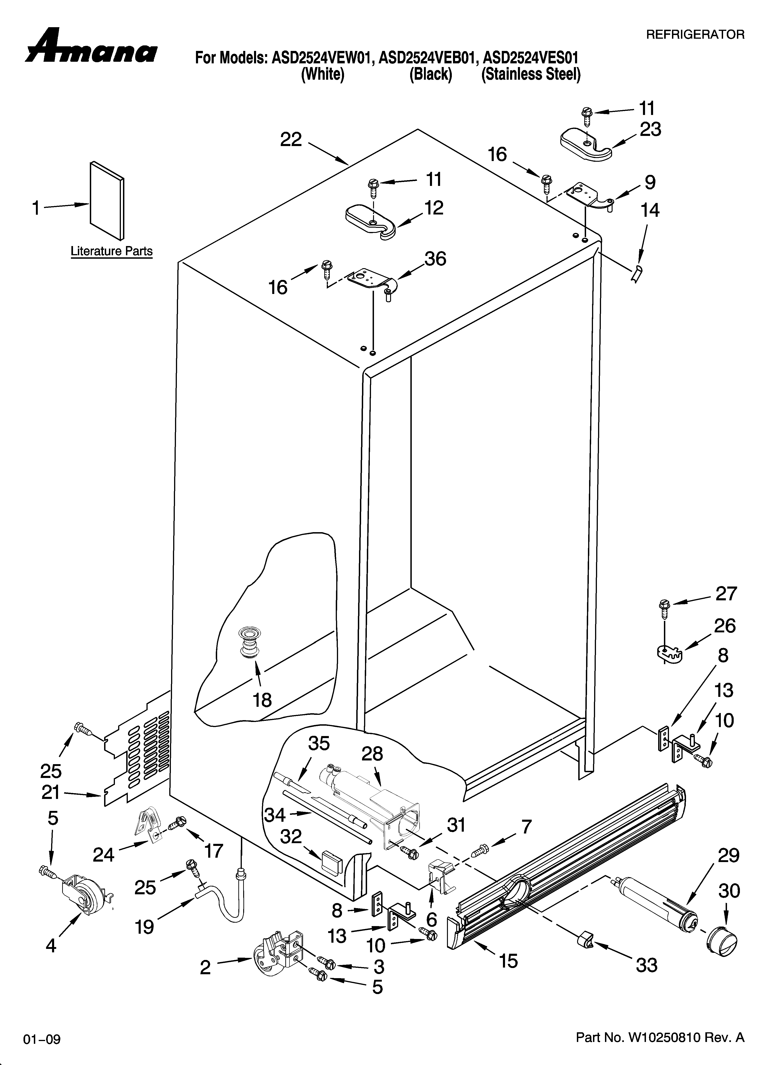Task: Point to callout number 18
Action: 262,700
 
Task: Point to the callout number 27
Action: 726,594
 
